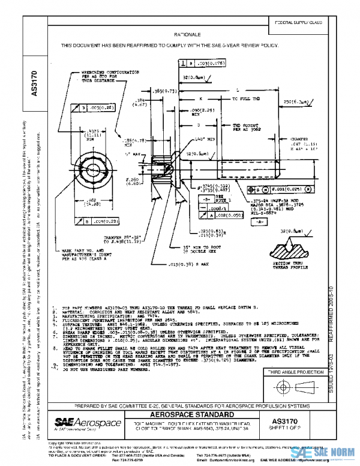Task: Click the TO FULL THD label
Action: point(247,97)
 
